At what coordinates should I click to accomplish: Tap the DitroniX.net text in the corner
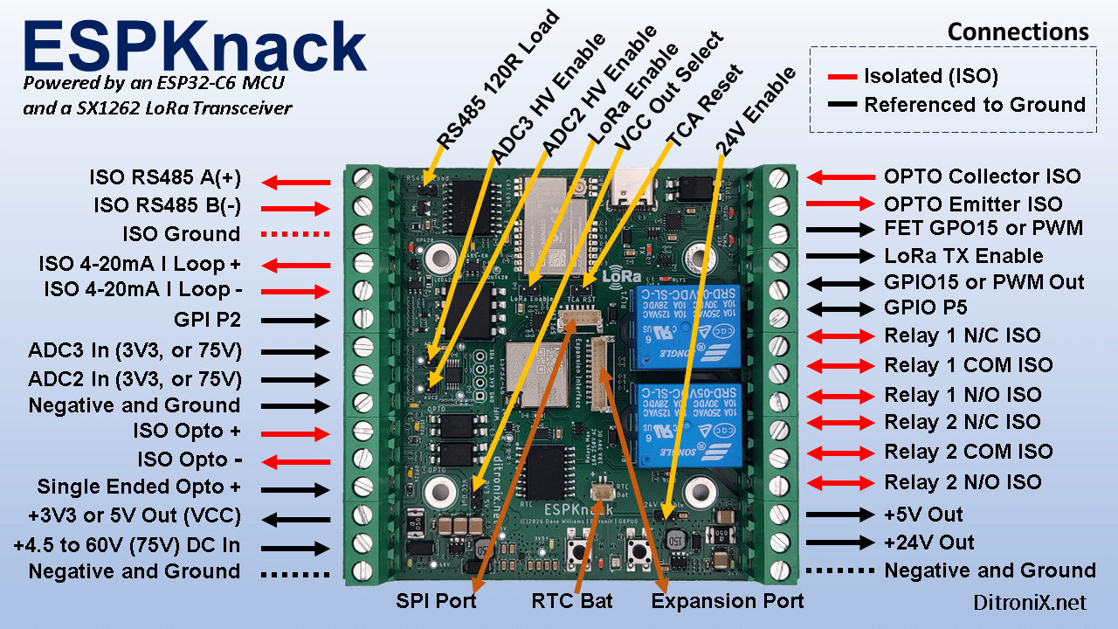(1030, 602)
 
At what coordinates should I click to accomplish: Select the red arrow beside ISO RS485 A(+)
(297, 183)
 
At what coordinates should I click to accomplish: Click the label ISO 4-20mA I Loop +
(139, 264)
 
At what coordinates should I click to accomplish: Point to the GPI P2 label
(207, 320)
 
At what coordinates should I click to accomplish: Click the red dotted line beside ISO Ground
(297, 234)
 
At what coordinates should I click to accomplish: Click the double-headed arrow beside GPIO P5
(839, 308)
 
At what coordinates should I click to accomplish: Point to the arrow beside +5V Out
(839, 515)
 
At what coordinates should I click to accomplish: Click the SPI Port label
(436, 601)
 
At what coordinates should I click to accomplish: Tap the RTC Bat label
(572, 601)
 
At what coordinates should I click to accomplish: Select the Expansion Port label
(728, 601)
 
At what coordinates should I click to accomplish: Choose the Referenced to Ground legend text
(974, 105)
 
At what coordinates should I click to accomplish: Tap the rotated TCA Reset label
(703, 105)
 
